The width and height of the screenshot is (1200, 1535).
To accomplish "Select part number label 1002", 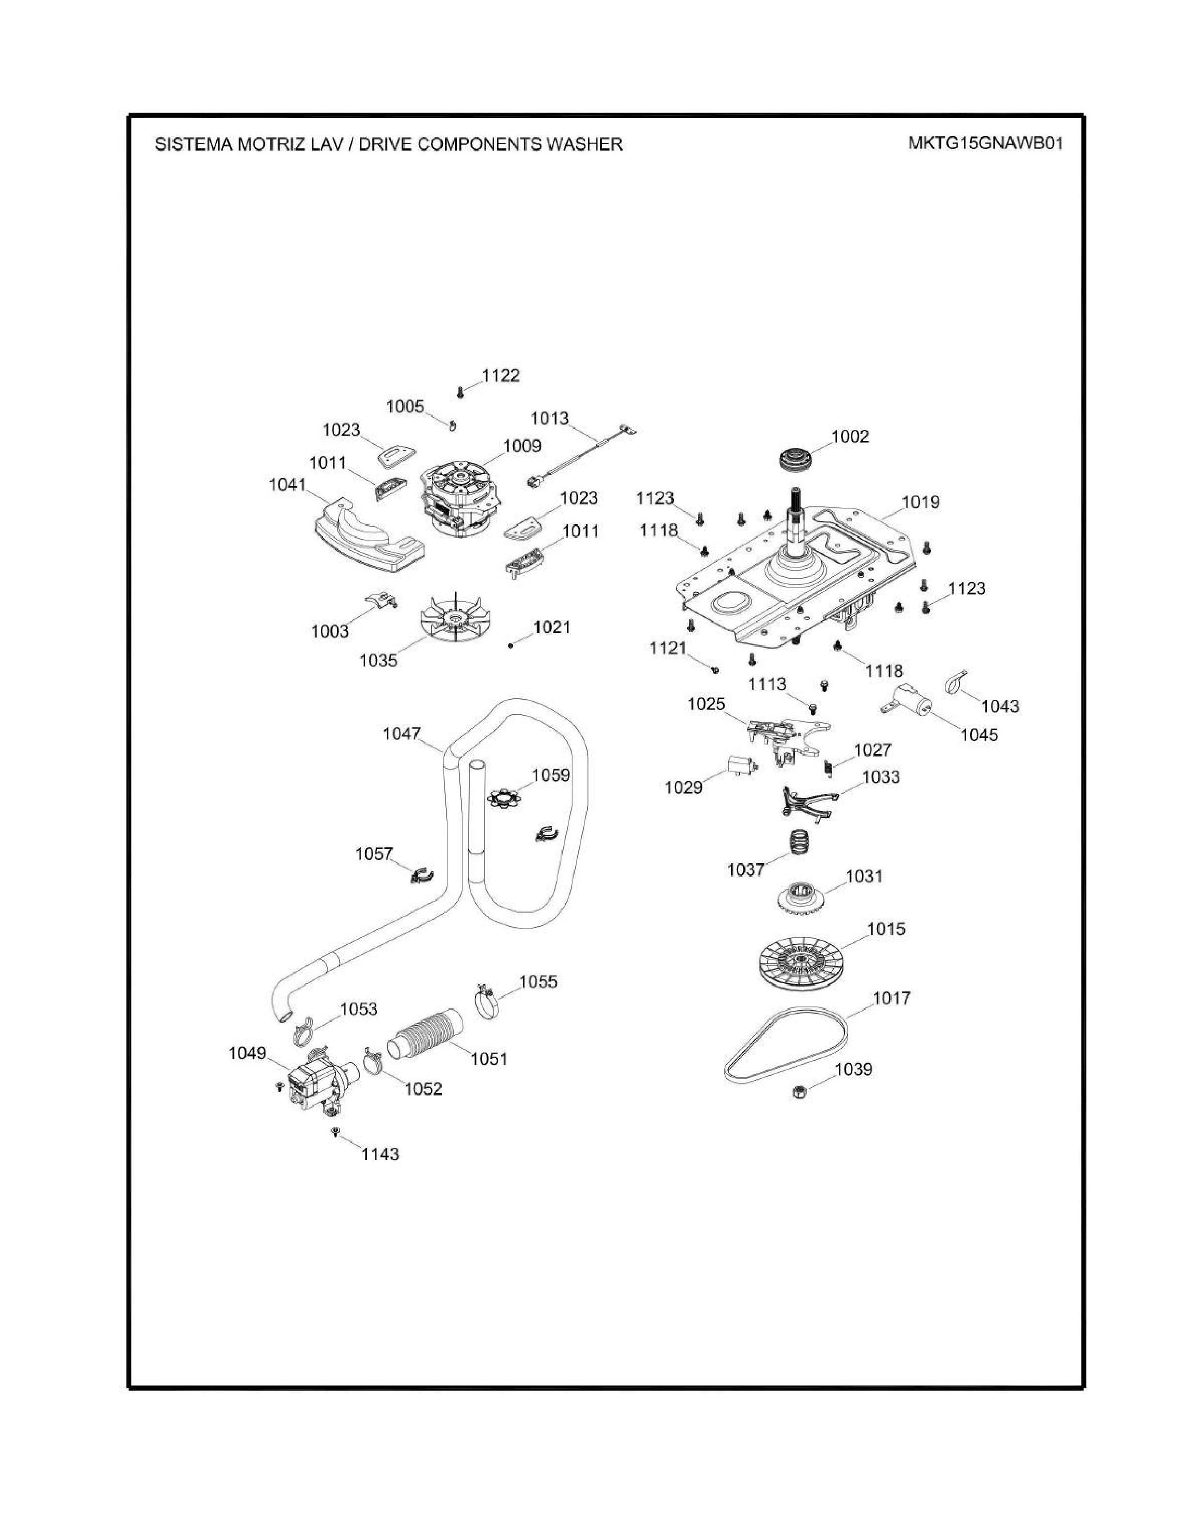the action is pos(850,437).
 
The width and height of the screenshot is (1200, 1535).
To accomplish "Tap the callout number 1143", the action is pos(380,1154).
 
